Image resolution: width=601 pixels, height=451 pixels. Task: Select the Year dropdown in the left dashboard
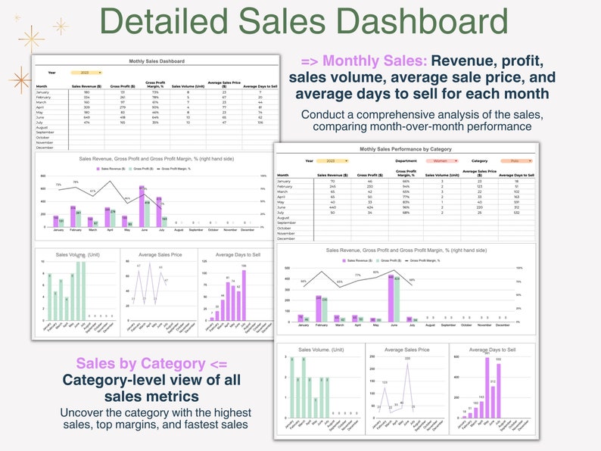[86, 73]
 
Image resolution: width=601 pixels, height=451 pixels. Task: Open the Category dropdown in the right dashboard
[516, 160]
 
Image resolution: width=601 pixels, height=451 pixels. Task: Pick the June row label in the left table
[42, 117]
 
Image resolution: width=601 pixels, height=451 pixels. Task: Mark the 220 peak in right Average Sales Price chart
[406, 365]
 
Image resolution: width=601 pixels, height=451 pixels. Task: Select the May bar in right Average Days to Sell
[487, 387]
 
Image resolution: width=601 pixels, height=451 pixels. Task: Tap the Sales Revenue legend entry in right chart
[357, 260]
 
